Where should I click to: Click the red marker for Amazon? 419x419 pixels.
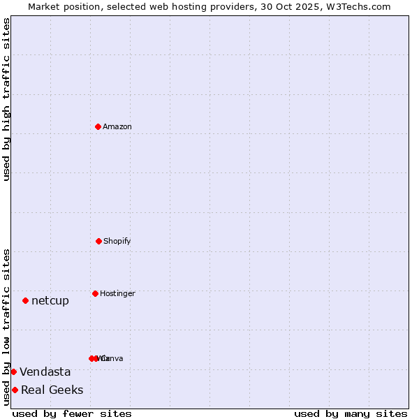(x=98, y=126)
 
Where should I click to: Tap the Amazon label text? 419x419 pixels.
(x=117, y=127)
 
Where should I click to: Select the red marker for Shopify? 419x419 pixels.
(x=98, y=241)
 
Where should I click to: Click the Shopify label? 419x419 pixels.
(x=117, y=242)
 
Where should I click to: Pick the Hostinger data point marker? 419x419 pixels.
(x=95, y=293)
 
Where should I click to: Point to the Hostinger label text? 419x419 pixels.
(x=117, y=294)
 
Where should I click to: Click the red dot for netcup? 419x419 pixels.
(x=25, y=300)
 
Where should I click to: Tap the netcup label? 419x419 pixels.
(x=50, y=301)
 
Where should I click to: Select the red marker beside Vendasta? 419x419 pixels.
(x=13, y=372)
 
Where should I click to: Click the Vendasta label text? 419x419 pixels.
(x=45, y=372)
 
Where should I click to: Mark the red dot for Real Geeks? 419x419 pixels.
(x=15, y=390)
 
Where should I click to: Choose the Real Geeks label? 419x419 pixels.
(x=52, y=390)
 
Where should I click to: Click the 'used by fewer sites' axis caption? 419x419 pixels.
(x=72, y=413)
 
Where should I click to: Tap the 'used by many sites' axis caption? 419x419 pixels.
(x=351, y=413)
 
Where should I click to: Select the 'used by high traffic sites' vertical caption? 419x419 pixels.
(x=7, y=99)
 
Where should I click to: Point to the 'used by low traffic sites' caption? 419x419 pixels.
(x=7, y=326)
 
